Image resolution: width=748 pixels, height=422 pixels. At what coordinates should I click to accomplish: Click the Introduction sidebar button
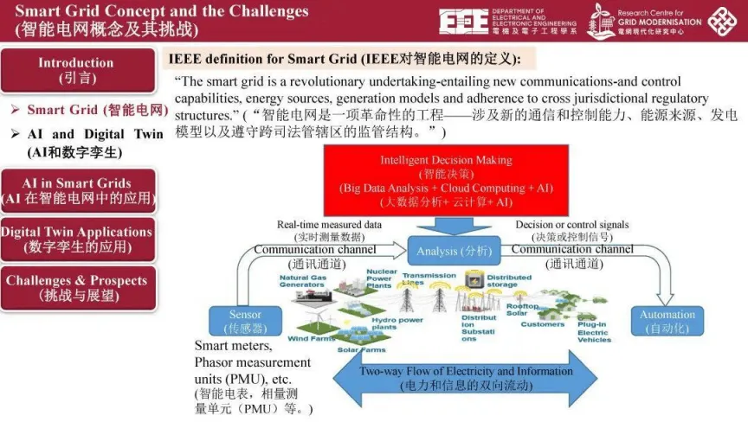point(76,70)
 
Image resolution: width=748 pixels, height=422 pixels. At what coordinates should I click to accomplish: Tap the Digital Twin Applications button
point(76,239)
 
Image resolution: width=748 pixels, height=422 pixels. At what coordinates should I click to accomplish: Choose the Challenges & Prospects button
point(76,287)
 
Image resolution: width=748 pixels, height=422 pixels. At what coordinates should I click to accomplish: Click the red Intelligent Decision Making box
point(446,180)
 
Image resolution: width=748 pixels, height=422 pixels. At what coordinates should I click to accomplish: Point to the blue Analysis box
point(454,251)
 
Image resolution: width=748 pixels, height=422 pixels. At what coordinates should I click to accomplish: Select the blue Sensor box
point(246,322)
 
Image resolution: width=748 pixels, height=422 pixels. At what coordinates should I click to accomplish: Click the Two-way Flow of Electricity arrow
point(466,378)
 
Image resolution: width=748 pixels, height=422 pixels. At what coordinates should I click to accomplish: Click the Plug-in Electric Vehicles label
point(593,332)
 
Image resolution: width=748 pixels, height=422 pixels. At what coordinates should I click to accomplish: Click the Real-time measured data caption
point(329,230)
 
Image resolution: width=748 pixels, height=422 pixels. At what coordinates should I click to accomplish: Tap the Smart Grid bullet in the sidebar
point(96,111)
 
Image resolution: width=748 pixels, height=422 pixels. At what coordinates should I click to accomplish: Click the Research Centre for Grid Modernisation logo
point(645,22)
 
